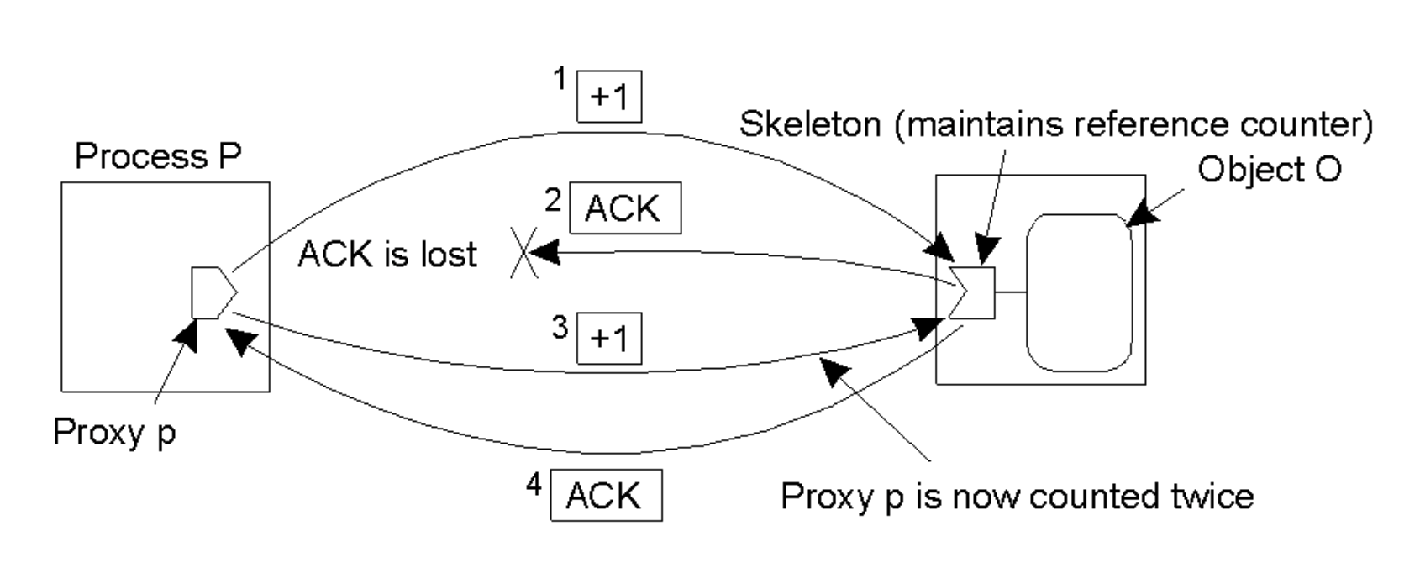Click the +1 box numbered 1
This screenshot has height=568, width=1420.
coord(609,97)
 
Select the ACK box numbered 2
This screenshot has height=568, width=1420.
coord(624,208)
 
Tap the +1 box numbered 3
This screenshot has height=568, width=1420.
coord(609,338)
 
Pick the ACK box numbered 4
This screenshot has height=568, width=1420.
coord(606,495)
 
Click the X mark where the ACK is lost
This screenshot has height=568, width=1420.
coord(524,254)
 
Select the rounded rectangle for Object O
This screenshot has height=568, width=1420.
coord(1079,292)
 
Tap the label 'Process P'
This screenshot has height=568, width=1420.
coord(158,156)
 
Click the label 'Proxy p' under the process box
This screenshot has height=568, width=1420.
coord(114,432)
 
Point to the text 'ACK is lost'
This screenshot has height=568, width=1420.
coord(387,254)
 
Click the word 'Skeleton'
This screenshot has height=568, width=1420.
coord(809,124)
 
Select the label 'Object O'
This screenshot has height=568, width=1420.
coord(1269,170)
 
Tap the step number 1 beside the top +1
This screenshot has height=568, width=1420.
coord(560,80)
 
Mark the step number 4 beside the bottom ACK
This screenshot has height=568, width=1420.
coord(534,485)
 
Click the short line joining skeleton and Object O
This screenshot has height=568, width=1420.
coord(1011,292)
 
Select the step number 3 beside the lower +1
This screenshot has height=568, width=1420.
coord(560,326)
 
